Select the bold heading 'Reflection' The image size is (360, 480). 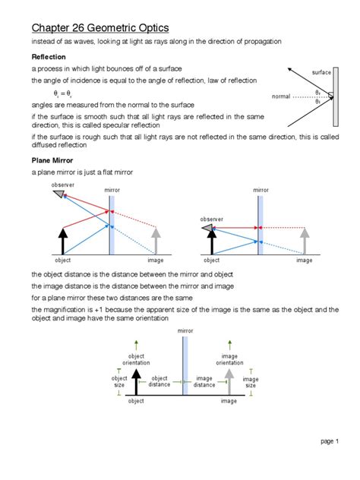coord(48,57)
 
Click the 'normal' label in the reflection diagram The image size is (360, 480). coord(282,96)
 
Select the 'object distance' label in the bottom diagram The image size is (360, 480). coord(159,381)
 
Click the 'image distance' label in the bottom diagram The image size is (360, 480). coord(204,381)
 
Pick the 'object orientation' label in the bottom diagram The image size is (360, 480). coord(136,358)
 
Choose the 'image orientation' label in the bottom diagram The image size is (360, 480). coord(229,358)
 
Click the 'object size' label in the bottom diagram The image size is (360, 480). coord(119,381)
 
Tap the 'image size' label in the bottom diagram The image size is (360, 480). coord(250,382)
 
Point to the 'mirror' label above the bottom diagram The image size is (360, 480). coord(185,331)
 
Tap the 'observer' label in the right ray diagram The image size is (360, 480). coord(211,219)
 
